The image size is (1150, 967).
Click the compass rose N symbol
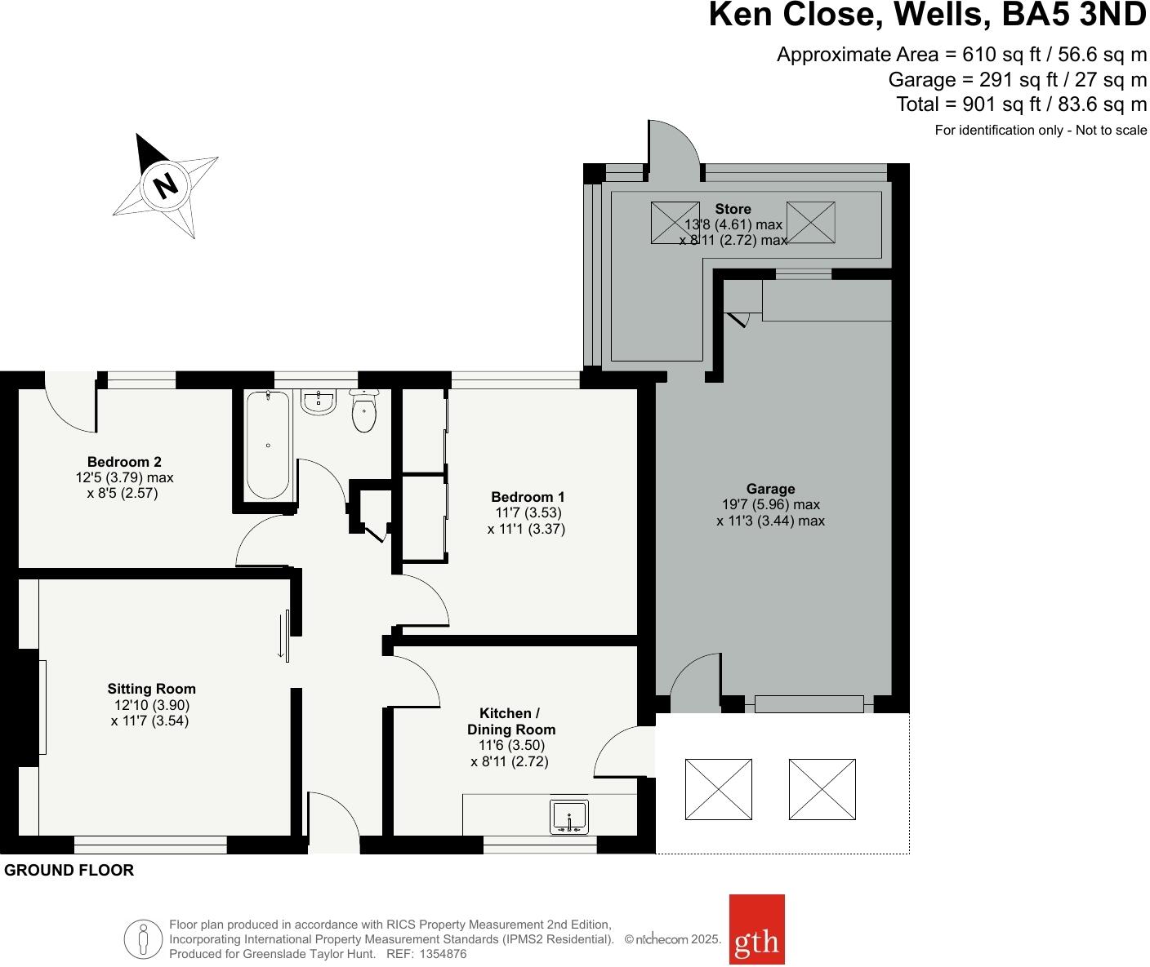point(166,185)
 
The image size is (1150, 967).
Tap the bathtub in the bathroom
point(268,445)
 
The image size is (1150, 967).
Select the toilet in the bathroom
point(364,410)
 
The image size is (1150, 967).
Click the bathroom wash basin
point(318,401)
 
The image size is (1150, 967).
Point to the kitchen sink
point(568,817)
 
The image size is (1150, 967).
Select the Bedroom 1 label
point(528,497)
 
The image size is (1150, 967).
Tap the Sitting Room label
point(152,689)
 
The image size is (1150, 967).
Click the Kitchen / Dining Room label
point(510,721)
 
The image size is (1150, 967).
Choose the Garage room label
point(770,489)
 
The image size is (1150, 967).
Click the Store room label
point(733,209)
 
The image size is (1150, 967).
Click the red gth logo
point(756,929)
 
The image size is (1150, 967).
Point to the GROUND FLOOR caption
point(69,871)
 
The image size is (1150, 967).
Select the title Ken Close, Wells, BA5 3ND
point(927,15)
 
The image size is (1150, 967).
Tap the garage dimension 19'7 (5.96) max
point(770,504)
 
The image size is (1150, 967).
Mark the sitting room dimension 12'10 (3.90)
point(152,705)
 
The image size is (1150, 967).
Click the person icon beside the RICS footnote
point(143,938)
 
